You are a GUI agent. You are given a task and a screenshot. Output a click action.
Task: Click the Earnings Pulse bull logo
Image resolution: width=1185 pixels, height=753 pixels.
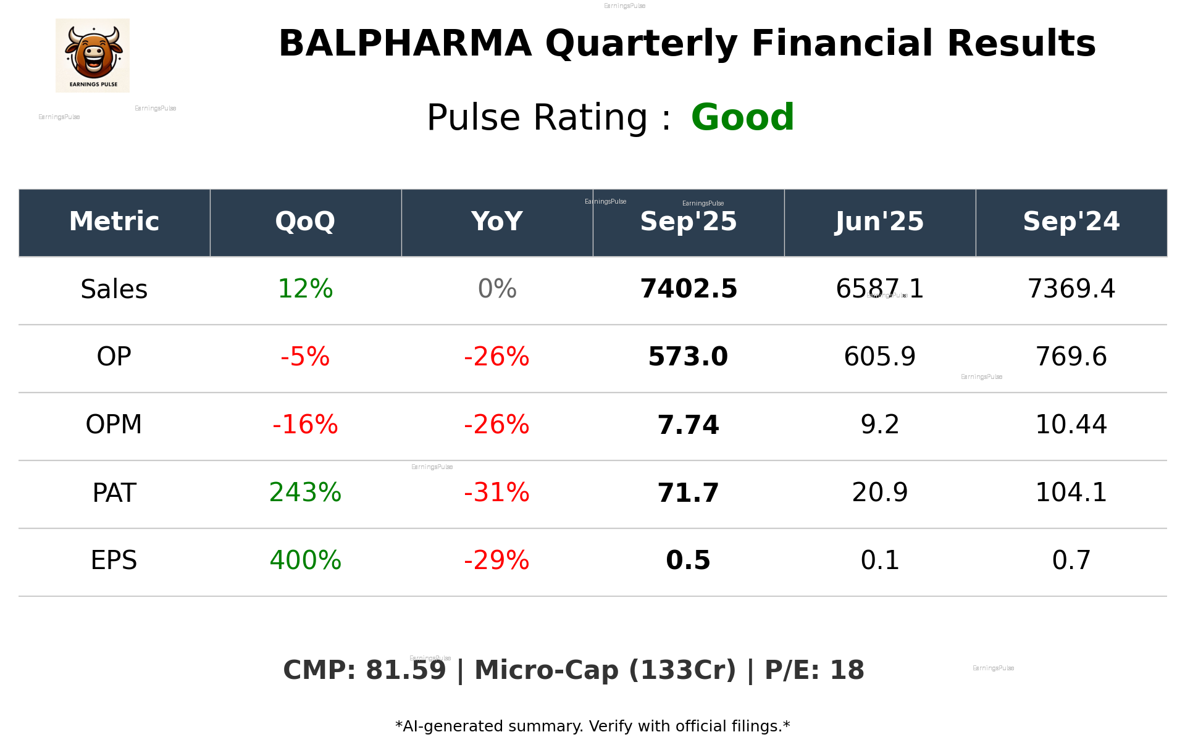click(x=93, y=56)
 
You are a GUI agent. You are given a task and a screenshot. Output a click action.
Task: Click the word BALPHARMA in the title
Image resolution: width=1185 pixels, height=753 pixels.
click(x=404, y=44)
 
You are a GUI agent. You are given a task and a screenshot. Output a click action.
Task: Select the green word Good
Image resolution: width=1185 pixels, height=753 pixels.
click(x=742, y=117)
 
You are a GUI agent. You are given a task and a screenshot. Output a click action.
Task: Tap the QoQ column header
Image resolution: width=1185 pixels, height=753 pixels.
click(x=305, y=222)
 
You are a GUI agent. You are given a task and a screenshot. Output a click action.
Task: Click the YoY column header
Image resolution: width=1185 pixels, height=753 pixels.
click(x=496, y=222)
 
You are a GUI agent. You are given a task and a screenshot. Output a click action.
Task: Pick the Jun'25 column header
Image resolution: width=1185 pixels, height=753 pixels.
click(x=879, y=222)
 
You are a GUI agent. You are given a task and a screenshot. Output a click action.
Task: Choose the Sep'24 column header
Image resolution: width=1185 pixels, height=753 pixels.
click(x=1071, y=222)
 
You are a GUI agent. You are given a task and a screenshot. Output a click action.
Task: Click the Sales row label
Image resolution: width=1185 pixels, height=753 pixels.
click(x=114, y=289)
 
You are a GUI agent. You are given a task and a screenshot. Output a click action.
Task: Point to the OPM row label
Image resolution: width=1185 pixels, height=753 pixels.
click(x=114, y=425)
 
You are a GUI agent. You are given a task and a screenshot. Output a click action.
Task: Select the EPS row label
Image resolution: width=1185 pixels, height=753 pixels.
click(x=114, y=560)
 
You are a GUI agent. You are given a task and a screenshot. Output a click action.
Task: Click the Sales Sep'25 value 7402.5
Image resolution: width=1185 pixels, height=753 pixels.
click(x=688, y=289)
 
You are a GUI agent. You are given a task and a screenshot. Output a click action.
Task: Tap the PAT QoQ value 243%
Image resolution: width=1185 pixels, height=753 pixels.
click(x=305, y=493)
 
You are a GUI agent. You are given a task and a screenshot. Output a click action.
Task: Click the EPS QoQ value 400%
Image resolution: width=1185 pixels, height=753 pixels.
click(x=305, y=560)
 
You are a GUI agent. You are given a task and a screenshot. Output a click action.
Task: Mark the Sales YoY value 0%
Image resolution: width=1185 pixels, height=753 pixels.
click(x=496, y=289)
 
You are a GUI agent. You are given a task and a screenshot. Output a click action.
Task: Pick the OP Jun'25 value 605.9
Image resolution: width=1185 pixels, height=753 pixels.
click(x=879, y=357)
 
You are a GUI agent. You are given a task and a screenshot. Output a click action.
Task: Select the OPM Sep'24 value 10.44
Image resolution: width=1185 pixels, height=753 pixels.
click(x=1071, y=425)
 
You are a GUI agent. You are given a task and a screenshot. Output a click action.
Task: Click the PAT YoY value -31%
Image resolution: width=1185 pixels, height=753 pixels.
click(x=496, y=493)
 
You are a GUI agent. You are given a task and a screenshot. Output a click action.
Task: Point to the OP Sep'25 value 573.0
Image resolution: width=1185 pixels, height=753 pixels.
click(x=688, y=357)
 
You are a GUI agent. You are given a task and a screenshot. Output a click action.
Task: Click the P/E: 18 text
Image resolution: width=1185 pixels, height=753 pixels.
click(x=814, y=670)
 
